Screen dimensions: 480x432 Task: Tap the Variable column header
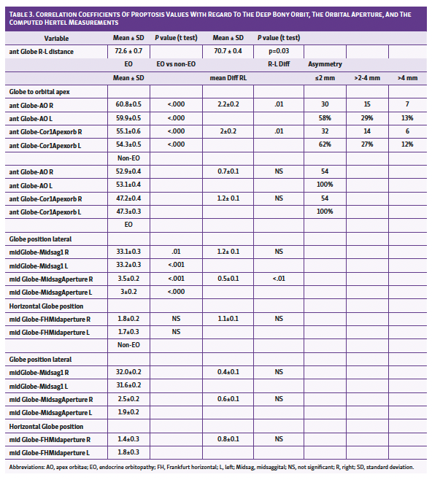[57, 38]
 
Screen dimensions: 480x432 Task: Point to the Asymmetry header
[325, 65]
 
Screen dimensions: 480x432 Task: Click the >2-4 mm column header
[366, 78]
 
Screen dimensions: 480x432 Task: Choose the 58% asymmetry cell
[325, 117]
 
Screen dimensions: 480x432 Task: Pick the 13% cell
[408, 117]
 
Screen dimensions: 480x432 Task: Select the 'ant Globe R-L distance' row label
[44, 52]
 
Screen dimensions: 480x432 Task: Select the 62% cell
[325, 144]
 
